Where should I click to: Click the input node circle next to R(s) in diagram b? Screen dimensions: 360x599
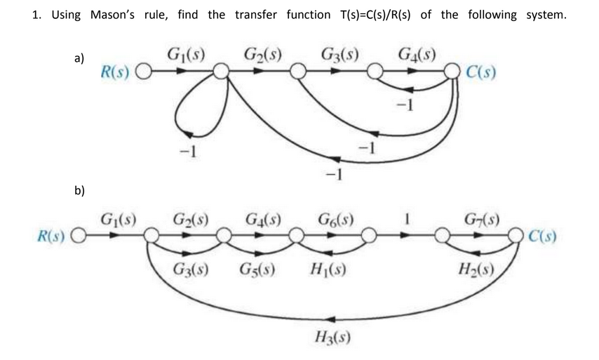(79, 236)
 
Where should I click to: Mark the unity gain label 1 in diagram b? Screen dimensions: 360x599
(405, 218)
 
